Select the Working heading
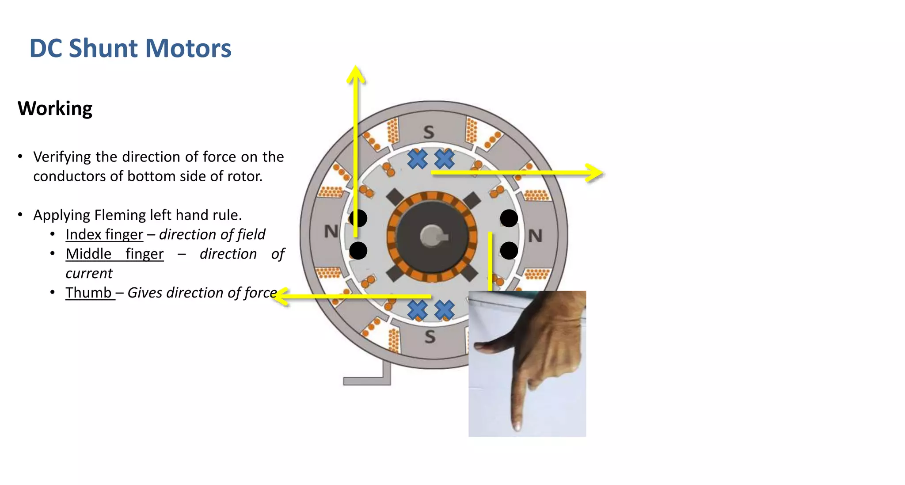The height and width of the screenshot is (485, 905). click(x=55, y=109)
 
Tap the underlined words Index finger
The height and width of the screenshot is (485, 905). click(x=104, y=234)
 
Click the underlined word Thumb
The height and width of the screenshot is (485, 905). click(x=88, y=293)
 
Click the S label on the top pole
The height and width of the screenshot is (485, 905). click(x=429, y=132)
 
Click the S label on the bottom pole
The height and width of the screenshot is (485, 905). click(x=430, y=337)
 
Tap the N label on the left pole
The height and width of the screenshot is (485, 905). click(x=331, y=231)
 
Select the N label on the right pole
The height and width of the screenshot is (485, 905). click(x=535, y=236)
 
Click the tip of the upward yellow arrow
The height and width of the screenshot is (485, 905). click(x=356, y=69)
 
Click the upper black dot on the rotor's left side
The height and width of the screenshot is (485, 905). click(x=358, y=218)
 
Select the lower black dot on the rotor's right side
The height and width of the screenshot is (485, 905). click(x=509, y=251)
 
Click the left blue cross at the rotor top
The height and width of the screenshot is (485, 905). click(x=417, y=159)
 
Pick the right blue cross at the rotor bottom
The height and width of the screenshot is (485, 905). click(x=444, y=310)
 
